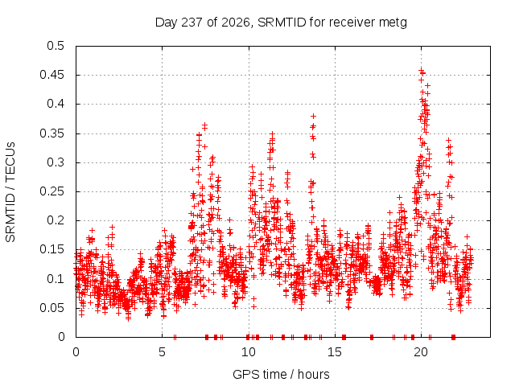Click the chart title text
coord(281,23)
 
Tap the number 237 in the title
coord(192,23)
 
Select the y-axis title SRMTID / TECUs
coord(10,192)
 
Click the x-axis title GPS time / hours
coord(281,374)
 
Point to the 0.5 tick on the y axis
coord(56,46)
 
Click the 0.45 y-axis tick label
coord(51,75)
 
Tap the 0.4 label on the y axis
coord(56,104)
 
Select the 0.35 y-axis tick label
coord(51,133)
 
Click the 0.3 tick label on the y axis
coord(56,162)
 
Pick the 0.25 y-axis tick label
coord(51,191)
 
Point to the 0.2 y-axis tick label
coord(56,220)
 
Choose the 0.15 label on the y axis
coord(51,249)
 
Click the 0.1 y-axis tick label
coord(56,279)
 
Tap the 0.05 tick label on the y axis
coord(51,308)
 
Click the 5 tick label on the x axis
coord(162,352)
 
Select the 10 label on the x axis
coord(249,352)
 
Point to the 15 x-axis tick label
coord(335,352)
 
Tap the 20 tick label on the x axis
coord(421,352)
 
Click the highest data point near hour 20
coord(421,70)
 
